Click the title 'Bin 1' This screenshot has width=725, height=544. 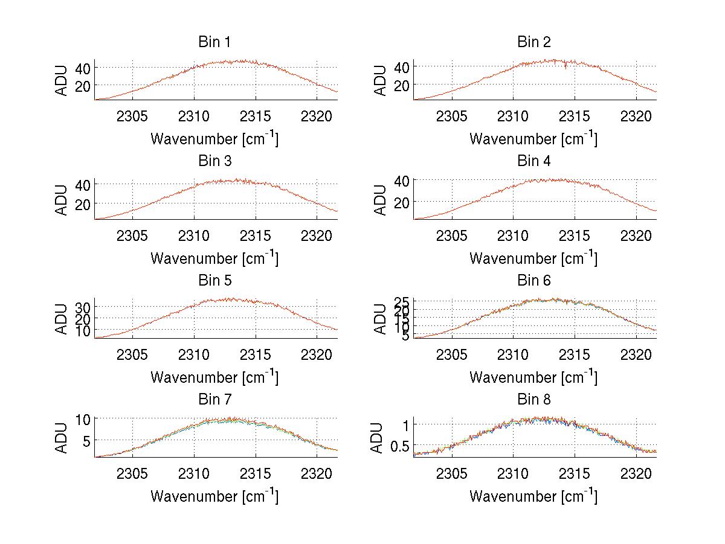214,42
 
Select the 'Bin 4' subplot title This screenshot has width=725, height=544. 534,161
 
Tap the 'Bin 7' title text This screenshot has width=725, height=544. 214,400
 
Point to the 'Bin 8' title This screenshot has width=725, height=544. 534,400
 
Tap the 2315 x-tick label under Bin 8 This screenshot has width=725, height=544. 575,473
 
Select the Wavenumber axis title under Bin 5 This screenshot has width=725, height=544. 214,377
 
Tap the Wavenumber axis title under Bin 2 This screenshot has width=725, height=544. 534,139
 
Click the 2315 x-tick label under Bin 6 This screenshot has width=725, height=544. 575,354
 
